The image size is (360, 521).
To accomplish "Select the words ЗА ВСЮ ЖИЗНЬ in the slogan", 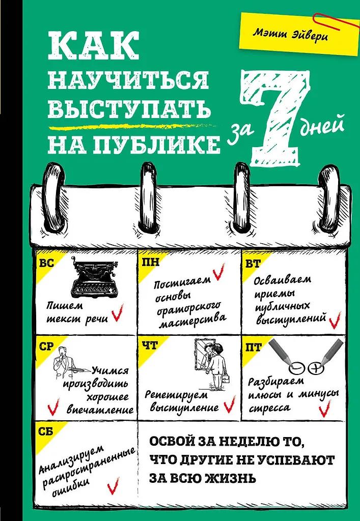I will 201,478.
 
